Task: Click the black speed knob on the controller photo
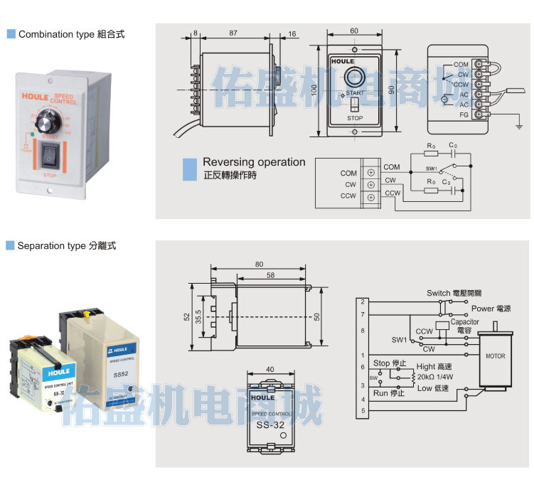(x=49, y=118)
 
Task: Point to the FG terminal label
(x=464, y=114)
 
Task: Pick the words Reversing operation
(x=254, y=162)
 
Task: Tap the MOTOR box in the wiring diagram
(x=493, y=355)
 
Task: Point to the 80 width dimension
(x=258, y=265)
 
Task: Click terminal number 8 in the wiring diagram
(x=363, y=331)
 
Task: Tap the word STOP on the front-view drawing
(x=355, y=119)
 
